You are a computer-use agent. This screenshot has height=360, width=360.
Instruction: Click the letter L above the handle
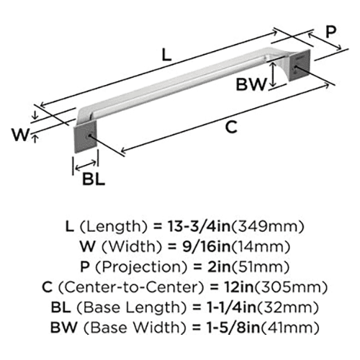(166, 55)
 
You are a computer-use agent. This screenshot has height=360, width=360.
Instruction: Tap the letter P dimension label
(330, 32)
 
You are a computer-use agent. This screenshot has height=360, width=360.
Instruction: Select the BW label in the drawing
(251, 84)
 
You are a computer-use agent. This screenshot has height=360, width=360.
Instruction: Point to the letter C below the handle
(231, 127)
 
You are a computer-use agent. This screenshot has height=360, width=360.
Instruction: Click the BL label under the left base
(94, 179)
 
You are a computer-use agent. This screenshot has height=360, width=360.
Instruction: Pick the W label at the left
(20, 135)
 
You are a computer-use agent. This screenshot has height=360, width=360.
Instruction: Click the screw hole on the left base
(89, 136)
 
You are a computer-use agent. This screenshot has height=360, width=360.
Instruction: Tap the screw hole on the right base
(295, 68)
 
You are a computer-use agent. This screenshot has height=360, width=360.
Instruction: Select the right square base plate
(300, 66)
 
